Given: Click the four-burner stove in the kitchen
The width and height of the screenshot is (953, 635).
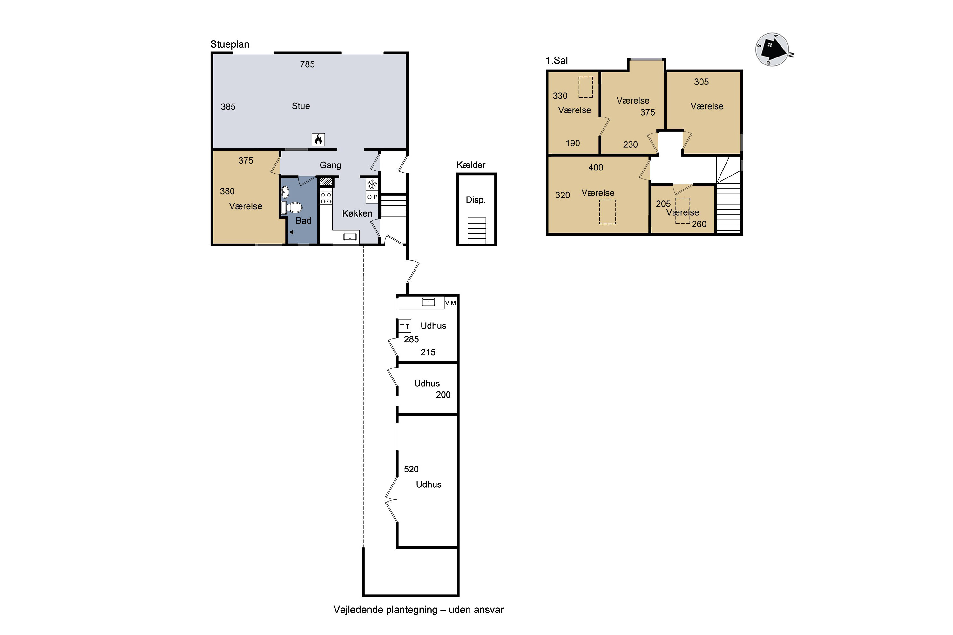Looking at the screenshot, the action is (x=326, y=198).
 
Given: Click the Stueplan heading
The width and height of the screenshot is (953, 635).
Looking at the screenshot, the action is (x=230, y=44).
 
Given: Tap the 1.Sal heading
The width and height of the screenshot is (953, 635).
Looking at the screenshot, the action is (x=557, y=60).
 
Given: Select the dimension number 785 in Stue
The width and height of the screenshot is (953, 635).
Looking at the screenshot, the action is (x=307, y=64).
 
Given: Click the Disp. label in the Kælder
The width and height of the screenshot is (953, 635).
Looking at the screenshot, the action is (x=476, y=200).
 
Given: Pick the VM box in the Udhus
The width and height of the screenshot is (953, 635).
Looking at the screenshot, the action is (x=450, y=303).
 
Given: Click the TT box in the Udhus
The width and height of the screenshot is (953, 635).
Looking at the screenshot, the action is (x=405, y=326).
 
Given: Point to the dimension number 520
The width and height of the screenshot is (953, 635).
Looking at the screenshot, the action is (x=411, y=469).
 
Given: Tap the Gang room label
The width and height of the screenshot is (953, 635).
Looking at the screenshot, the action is (x=330, y=165).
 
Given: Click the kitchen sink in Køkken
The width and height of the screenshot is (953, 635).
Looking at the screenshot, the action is (x=350, y=237).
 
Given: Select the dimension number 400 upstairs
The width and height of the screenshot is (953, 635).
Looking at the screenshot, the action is (x=596, y=168).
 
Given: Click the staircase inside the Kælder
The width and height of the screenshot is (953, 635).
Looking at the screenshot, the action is (x=477, y=231).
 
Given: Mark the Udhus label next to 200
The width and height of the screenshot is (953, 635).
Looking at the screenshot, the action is (x=427, y=384).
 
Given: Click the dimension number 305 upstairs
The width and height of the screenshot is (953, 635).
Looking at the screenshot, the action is (x=701, y=82).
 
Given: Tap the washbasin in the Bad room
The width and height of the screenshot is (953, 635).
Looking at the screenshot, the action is (x=285, y=192).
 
